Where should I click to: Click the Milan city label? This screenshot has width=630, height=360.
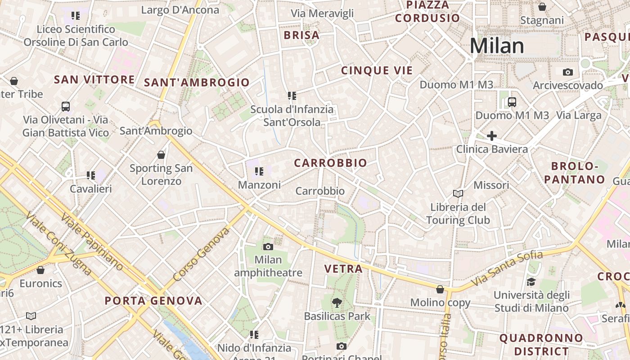pos(497,46)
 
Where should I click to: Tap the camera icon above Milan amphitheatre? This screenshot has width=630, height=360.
pos(268,247)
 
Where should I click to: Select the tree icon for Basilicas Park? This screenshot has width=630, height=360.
pos(337,303)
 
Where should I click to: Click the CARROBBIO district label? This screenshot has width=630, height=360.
pos(330,163)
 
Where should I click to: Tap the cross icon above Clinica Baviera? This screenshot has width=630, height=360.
pos(492,135)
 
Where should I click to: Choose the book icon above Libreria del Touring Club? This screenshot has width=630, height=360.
pos(458,193)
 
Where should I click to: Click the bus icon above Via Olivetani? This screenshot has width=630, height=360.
pos(66,107)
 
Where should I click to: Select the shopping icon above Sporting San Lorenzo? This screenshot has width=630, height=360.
pos(161,155)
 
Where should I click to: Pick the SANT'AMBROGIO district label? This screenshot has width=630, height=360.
pos(197,82)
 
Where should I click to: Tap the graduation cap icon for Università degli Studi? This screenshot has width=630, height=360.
pos(531,282)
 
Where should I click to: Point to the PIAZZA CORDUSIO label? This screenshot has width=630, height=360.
pos(427,12)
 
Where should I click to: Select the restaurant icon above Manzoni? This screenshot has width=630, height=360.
pos(259,171)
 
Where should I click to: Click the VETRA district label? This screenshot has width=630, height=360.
pos(343,269)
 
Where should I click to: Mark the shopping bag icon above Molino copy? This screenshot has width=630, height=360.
pos(440,289)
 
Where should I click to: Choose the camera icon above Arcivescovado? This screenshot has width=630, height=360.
pos(568,72)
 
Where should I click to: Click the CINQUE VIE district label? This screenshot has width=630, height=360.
pos(377,71)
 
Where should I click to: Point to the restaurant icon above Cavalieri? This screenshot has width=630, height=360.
pos(91,175)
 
